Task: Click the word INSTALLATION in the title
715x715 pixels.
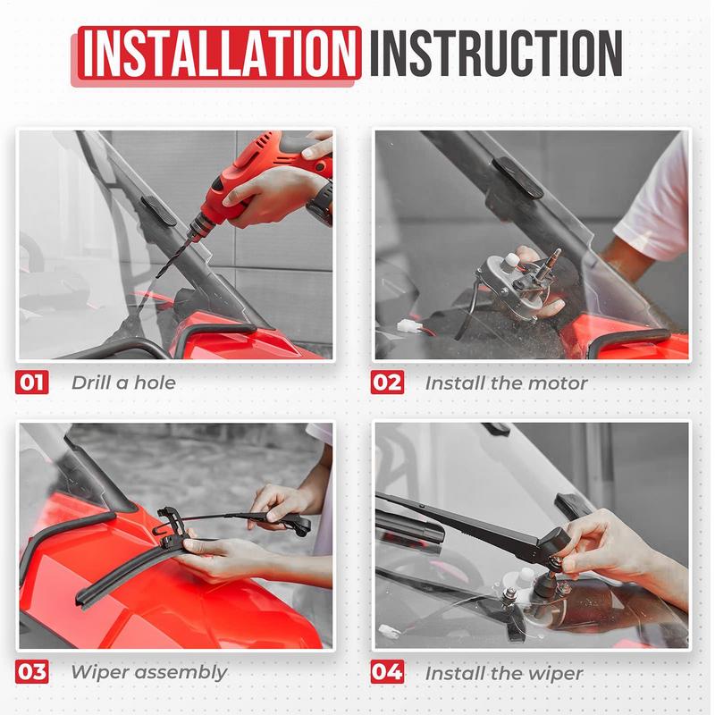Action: [x=219, y=53]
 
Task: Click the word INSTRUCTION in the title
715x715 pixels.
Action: [x=496, y=53]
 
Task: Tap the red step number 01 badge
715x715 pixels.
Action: [x=31, y=383]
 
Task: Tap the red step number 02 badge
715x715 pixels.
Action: [x=387, y=383]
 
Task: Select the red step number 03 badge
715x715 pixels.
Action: [x=31, y=672]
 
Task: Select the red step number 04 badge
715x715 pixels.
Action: [x=387, y=672]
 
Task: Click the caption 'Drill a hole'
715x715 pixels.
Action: [x=123, y=383]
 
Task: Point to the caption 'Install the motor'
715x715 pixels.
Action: [x=506, y=383]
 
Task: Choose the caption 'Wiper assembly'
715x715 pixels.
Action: [x=149, y=673]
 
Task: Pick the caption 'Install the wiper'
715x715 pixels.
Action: [x=504, y=673]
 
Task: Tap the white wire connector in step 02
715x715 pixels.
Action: [x=406, y=325]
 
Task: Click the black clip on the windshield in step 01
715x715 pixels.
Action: [x=158, y=211]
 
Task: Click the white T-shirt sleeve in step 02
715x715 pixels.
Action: [x=654, y=200]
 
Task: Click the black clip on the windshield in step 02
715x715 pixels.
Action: [x=517, y=178]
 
